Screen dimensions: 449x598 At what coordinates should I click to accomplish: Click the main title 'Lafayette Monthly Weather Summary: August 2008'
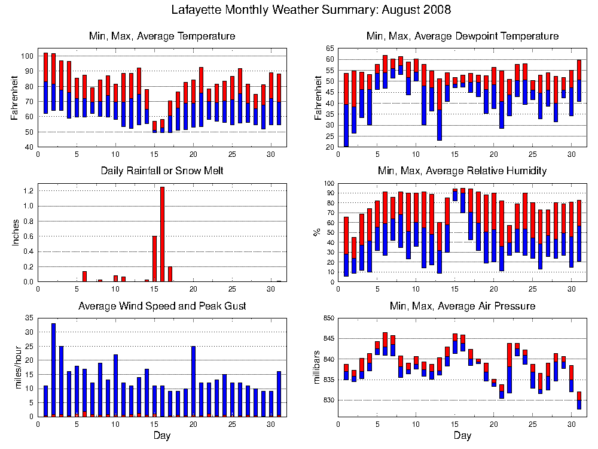tap(311, 10)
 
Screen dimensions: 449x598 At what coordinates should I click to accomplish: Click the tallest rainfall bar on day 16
tap(162, 234)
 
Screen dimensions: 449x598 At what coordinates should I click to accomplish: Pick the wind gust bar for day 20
tap(193, 381)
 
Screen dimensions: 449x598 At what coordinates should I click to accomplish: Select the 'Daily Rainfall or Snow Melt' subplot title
tap(162, 171)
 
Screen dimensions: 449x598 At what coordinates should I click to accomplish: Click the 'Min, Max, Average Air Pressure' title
tap(462, 307)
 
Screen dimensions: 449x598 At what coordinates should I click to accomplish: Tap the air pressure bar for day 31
tap(578, 400)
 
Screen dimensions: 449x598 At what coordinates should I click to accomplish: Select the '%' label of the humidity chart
tap(318, 232)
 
